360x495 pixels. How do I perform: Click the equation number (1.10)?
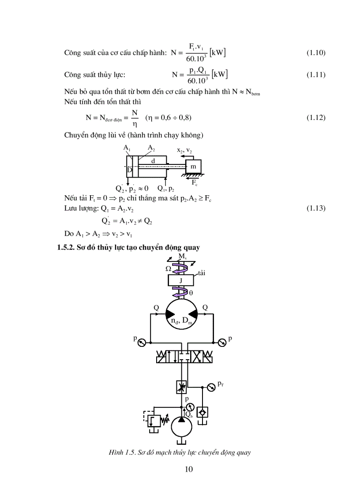(x=316, y=53)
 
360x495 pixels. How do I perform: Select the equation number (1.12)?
(x=316, y=118)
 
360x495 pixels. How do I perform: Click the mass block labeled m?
(x=193, y=166)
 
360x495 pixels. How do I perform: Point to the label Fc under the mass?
(x=195, y=182)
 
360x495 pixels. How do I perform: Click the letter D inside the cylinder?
(x=129, y=170)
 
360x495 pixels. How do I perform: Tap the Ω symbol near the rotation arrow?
(x=168, y=268)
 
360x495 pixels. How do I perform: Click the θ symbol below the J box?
(x=191, y=292)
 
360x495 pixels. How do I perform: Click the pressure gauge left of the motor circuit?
(x=142, y=342)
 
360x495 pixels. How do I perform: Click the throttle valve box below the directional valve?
(x=181, y=387)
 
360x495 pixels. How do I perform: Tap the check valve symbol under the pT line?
(x=203, y=412)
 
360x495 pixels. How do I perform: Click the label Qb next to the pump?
(x=189, y=414)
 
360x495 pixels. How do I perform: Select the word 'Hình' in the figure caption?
(x=116, y=452)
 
